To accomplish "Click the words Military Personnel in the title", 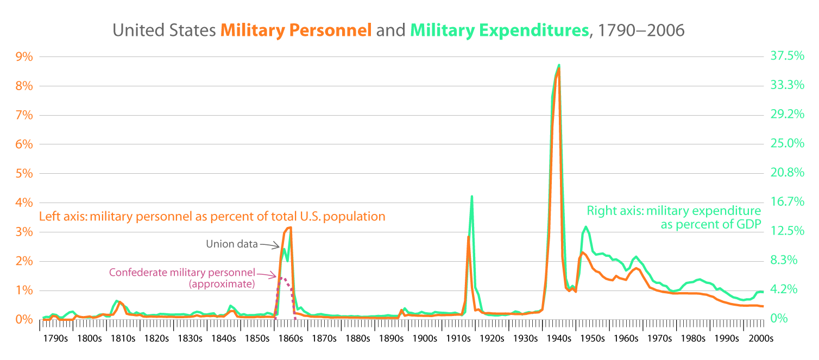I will pos(296,30).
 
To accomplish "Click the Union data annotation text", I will pos(231,244).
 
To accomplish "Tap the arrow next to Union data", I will pos(269,246).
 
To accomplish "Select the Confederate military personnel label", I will pos(183,273).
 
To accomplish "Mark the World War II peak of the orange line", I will pos(559,68).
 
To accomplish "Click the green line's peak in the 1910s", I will pos(472,197).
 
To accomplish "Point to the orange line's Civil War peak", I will pos(291,228).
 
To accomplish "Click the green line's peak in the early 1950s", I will pos(585,227).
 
